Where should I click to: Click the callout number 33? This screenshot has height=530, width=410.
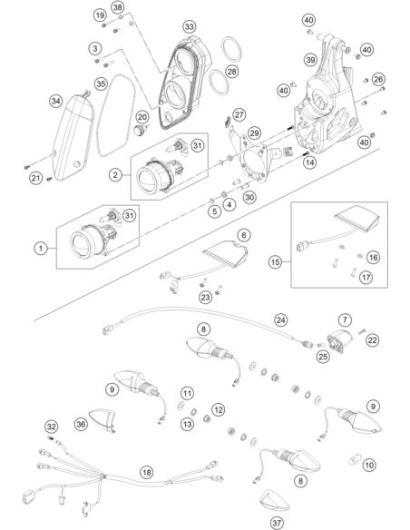coord(190,26)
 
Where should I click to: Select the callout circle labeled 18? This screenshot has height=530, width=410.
coord(146,472)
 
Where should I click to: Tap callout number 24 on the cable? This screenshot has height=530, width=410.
coord(280,320)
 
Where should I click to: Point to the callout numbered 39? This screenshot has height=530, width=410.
coord(310,60)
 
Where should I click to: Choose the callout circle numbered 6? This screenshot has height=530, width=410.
coord(244,235)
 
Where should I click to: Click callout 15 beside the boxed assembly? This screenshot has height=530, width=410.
coord(276,261)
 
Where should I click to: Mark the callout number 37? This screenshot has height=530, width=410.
coord(277,523)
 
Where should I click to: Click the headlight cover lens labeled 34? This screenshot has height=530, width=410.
coord(74,137)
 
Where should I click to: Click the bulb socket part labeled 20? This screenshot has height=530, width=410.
coord(140,130)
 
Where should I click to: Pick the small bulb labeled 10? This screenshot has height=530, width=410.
coord(355,460)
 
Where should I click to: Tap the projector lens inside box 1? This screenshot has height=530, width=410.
coord(82,243)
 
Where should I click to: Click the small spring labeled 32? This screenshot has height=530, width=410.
coord(50,438)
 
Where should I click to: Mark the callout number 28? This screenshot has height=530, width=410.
coord(232,72)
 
